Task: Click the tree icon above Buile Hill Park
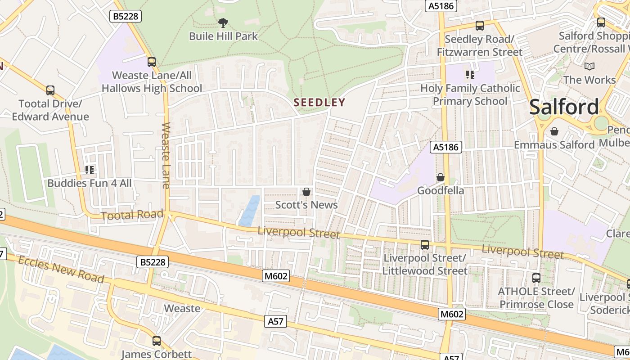223,22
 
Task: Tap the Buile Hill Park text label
223,36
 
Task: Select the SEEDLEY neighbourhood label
319,103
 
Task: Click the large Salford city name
564,107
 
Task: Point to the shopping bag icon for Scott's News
306,192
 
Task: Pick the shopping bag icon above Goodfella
441,178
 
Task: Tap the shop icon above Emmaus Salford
554,131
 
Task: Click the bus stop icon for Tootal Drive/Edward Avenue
50,90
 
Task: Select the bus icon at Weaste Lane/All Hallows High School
152,62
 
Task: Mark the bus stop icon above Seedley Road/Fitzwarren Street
480,26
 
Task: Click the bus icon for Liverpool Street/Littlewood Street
425,245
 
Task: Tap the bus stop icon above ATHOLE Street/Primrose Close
536,278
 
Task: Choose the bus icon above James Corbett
156,341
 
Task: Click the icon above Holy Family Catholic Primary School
470,75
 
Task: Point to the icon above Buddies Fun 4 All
90,170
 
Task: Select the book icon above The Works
589,67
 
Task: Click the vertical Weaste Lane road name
166,155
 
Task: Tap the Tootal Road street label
132,215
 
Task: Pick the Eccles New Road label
62,270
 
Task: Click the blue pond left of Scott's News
250,211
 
